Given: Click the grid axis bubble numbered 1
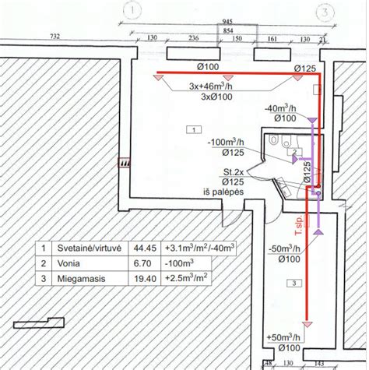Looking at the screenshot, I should [133, 11].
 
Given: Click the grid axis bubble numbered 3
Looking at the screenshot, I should [323, 11].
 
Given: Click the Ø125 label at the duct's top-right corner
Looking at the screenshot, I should [304, 69].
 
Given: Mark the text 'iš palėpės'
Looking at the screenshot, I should [223, 192].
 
